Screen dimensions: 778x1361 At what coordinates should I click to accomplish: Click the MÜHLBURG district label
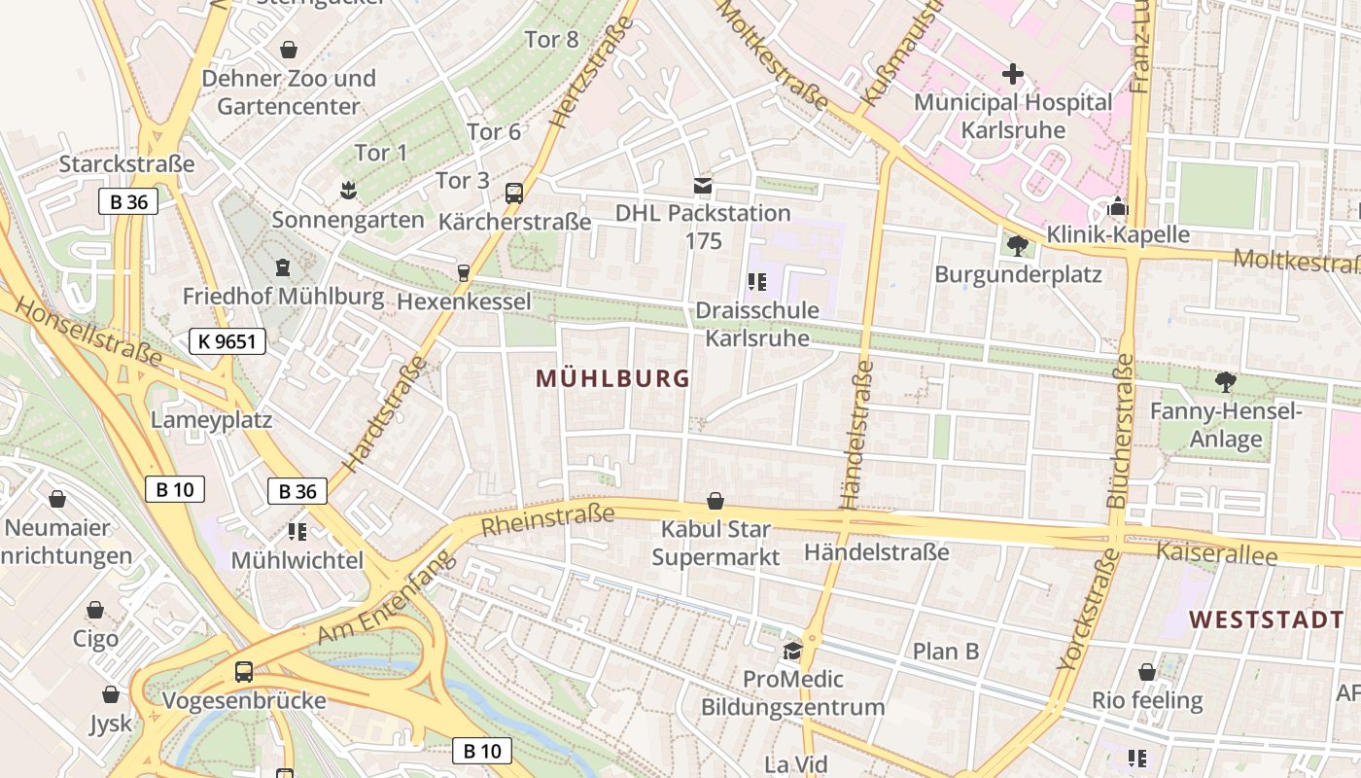pyautogui.click(x=612, y=379)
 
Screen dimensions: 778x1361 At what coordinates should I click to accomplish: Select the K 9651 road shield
pyautogui.click(x=227, y=340)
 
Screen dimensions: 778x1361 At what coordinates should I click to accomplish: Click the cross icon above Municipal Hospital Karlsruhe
pyautogui.click(x=1013, y=74)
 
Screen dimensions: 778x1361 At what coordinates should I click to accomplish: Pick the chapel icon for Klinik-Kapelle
pyautogui.click(x=1118, y=207)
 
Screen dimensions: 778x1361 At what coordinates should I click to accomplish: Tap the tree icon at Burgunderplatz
pyautogui.click(x=1018, y=246)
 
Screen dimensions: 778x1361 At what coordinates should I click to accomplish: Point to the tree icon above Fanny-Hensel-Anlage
pyautogui.click(x=1225, y=382)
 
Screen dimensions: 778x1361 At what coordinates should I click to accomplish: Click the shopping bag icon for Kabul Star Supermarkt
pyautogui.click(x=715, y=501)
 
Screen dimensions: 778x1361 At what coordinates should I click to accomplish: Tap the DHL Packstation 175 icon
pyautogui.click(x=703, y=185)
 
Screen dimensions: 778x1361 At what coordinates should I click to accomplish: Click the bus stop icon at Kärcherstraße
pyautogui.click(x=514, y=194)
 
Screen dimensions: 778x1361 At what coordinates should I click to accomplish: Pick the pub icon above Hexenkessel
pyautogui.click(x=464, y=273)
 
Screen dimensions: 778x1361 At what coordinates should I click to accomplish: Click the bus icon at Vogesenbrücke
pyautogui.click(x=244, y=671)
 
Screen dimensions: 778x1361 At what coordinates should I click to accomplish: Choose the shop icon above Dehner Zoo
pyautogui.click(x=289, y=49)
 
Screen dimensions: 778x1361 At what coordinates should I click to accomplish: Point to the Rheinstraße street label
pyautogui.click(x=548, y=519)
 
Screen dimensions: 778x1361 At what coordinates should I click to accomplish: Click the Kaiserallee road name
pyautogui.click(x=1215, y=553)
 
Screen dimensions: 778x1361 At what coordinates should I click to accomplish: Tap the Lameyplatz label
pyautogui.click(x=211, y=419)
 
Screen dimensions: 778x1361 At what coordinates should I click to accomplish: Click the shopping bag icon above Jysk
pyautogui.click(x=111, y=694)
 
